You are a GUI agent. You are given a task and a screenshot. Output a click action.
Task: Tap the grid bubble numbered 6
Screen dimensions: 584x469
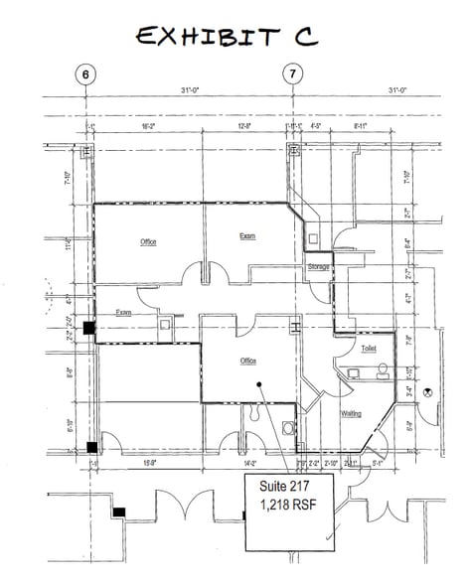86,74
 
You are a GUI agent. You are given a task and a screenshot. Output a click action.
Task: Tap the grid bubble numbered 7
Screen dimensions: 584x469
292,74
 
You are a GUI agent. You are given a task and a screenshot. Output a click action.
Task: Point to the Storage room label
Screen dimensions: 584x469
318,267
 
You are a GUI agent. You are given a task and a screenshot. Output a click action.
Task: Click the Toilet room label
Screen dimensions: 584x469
369,350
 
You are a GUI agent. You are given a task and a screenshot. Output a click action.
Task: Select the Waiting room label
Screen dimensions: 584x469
351,413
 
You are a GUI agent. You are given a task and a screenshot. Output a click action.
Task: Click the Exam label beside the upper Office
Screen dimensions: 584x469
247,236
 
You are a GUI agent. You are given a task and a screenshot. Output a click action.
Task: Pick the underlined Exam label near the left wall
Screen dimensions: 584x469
124,312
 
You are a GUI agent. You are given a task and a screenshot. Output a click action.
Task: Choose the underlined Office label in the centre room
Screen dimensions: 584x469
248,361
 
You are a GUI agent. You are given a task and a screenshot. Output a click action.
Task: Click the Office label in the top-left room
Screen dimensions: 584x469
149,241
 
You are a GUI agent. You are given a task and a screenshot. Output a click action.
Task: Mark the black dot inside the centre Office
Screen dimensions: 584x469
258,383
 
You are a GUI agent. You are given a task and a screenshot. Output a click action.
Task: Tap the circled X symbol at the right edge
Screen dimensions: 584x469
428,391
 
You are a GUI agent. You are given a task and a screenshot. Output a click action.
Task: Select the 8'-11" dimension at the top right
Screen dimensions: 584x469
363,126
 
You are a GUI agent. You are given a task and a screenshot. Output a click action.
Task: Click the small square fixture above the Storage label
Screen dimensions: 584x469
313,237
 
